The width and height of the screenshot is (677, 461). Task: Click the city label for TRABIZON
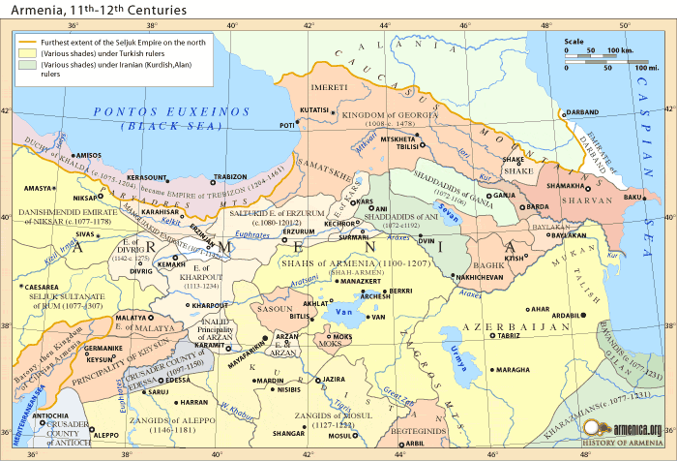(230, 177)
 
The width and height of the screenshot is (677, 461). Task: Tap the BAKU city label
(633, 197)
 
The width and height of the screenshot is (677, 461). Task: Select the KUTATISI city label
(314, 110)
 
